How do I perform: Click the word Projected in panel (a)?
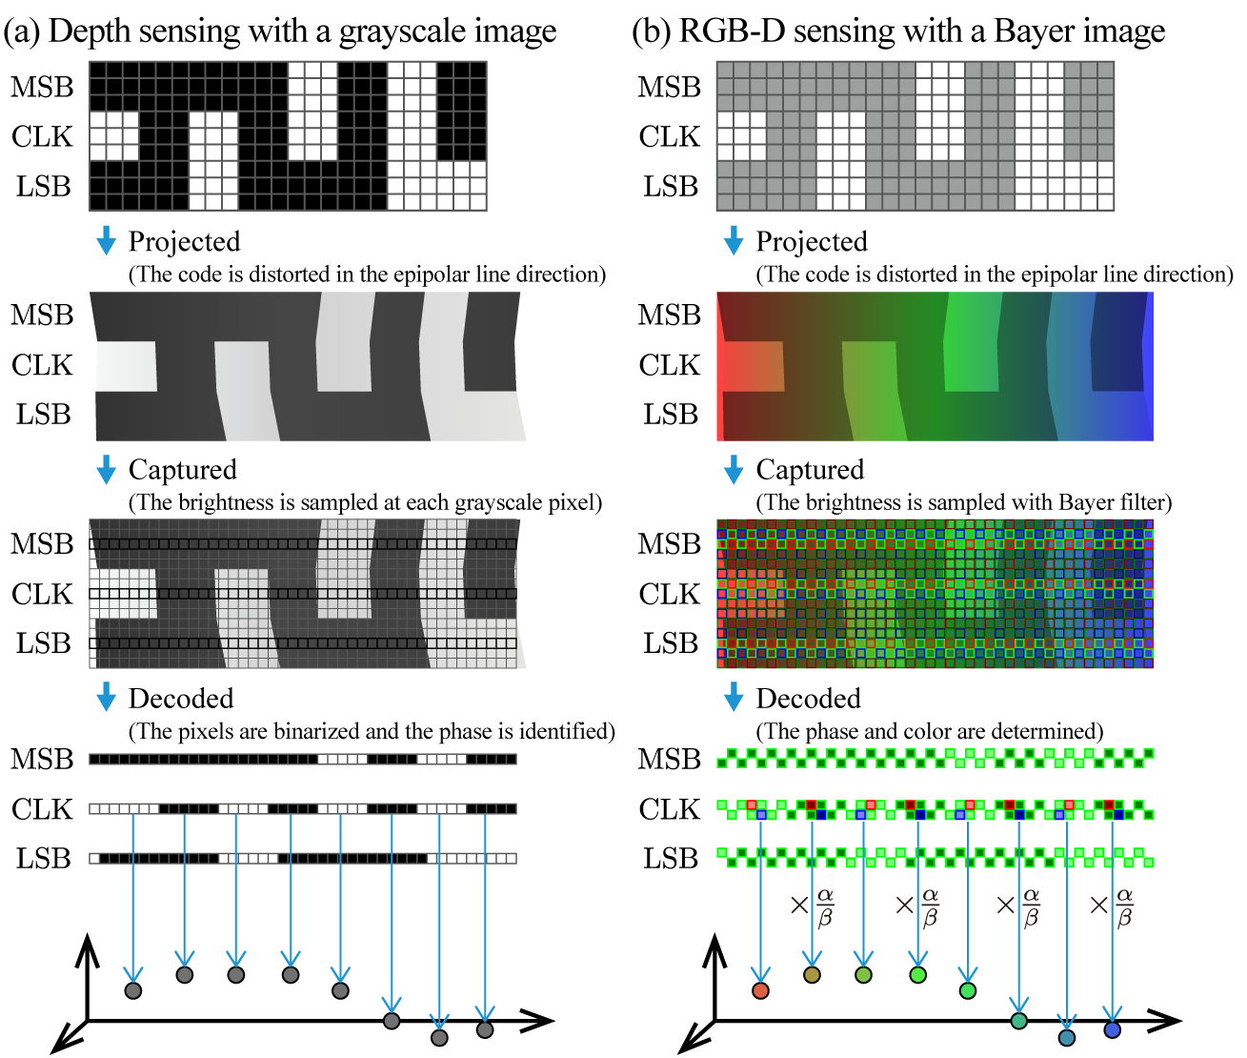(x=184, y=242)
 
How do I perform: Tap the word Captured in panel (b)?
(x=810, y=470)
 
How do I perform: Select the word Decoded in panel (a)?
(x=181, y=699)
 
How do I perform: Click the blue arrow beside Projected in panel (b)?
(x=733, y=241)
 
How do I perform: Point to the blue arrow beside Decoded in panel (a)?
(x=106, y=698)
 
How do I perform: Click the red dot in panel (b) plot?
(x=760, y=990)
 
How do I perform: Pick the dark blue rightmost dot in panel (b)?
(x=1112, y=1029)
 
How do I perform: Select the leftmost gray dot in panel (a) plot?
(x=133, y=990)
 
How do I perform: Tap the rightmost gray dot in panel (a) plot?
(x=485, y=1029)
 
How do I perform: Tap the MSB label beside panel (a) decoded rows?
(x=42, y=760)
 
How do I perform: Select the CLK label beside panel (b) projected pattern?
(x=669, y=365)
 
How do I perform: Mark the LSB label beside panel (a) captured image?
(x=43, y=643)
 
